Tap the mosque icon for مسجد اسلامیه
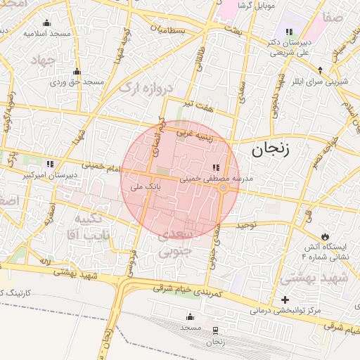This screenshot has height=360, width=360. pos(46,23)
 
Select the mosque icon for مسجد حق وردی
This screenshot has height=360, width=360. pos(77,72)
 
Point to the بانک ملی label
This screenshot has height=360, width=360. pos(148,188)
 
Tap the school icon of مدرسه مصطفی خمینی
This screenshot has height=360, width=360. pos(215,167)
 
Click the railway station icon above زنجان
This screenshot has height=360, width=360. pos(214,330)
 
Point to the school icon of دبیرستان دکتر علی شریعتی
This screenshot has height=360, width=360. pos(289,32)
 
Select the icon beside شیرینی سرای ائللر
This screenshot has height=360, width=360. pos(320,70)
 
